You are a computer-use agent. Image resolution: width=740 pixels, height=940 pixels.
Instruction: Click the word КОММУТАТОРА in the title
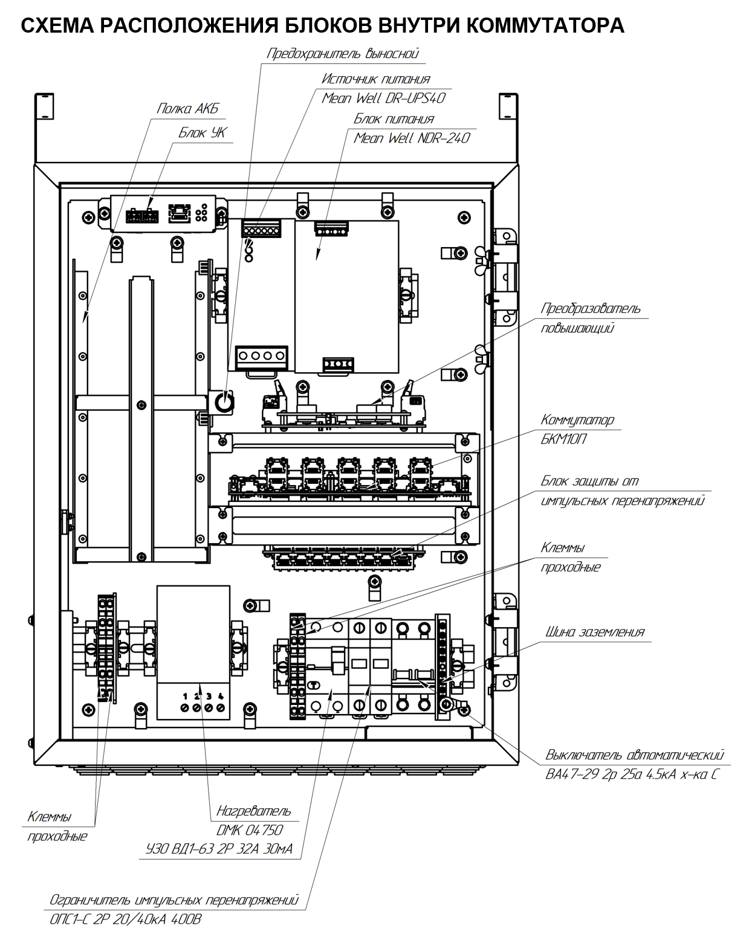[545, 26]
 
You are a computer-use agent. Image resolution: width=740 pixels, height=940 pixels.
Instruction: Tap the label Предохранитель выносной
[343, 53]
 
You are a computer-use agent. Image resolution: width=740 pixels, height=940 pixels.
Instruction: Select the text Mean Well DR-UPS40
[383, 98]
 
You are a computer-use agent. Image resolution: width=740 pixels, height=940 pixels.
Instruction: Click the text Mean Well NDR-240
[411, 138]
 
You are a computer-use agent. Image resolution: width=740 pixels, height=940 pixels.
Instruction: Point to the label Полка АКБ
[187, 108]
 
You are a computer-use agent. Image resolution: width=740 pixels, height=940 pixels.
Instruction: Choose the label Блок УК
[203, 132]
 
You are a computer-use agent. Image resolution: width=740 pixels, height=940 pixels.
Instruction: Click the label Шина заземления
[594, 632]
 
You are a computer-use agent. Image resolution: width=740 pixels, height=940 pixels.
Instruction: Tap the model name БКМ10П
[563, 439]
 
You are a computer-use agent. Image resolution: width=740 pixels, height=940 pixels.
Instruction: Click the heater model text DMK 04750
[250, 830]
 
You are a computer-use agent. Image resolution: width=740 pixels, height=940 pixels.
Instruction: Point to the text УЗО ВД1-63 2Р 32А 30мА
[219, 849]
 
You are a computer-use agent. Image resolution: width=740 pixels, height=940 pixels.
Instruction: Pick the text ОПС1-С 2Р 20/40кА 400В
[125, 919]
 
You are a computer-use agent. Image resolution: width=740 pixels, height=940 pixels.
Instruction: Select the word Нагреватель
[253, 811]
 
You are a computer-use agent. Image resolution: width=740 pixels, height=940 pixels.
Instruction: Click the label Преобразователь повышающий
[591, 318]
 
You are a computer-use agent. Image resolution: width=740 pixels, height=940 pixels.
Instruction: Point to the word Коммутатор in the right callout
[577, 420]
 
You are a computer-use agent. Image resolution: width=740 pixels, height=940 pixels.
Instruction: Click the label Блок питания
[394, 119]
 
